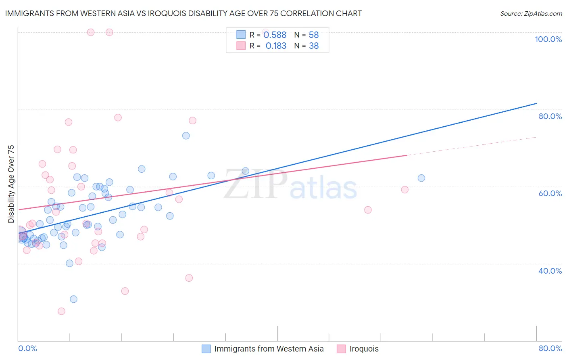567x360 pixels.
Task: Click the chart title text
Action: (183, 13)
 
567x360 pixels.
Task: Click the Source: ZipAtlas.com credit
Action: (531, 13)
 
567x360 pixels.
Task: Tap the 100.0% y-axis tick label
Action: (548, 39)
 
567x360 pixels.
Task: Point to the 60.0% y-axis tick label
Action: (550, 193)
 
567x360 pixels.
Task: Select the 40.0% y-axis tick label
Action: (550, 271)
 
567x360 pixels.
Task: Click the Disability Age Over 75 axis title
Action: (11, 184)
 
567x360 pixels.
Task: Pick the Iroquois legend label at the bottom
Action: (364, 349)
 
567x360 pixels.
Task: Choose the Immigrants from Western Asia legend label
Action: (269, 349)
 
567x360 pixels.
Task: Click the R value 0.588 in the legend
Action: (275, 35)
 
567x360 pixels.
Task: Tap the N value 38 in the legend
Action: (314, 46)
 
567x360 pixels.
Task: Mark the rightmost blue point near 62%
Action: (421, 178)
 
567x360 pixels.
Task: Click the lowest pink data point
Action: (61, 311)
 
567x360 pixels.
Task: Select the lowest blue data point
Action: (73, 299)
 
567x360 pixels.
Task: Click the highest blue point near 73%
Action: (186, 136)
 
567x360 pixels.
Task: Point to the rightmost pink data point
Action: (405, 190)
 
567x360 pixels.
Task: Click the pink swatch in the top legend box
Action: (241, 46)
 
